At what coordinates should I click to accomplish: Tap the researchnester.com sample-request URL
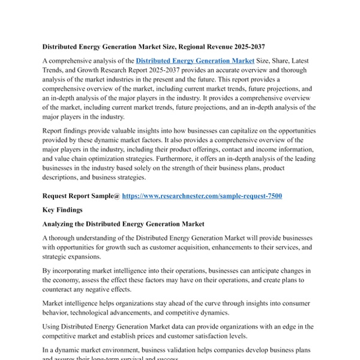coord(202,196)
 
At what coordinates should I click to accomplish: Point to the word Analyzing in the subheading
coord(62,224)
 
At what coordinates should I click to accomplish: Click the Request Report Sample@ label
coord(81,196)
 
